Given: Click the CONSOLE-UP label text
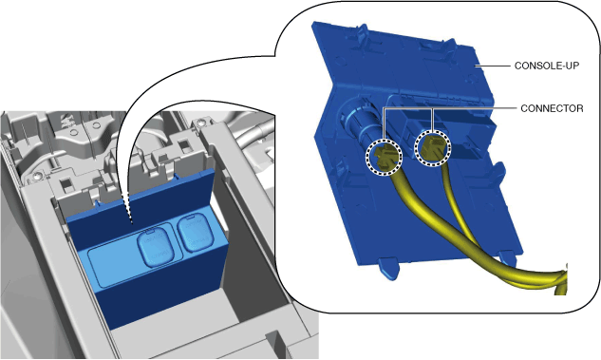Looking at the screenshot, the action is (547, 66).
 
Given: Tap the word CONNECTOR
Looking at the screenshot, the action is (552, 108).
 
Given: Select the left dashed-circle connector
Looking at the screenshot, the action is (384, 157).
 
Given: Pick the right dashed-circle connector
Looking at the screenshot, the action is (433, 147).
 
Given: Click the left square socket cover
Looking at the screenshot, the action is (156, 246).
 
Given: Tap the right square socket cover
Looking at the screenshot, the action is (197, 234).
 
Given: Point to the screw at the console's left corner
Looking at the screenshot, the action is (37, 177).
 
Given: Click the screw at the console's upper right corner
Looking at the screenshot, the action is (199, 123).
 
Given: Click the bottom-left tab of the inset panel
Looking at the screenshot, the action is (388, 268).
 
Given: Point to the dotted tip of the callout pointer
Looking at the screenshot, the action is (132, 222).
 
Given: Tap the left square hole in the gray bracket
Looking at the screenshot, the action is (68, 185).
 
